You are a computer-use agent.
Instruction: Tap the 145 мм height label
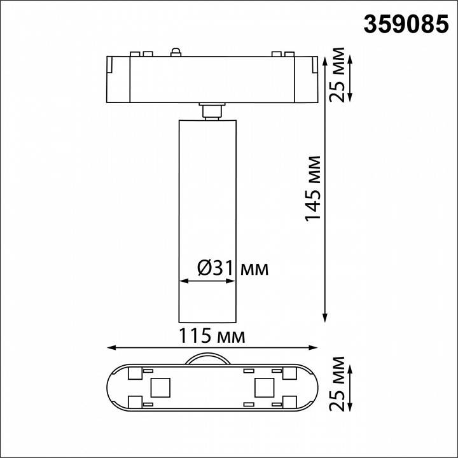(313, 188)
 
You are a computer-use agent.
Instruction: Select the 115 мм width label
(213, 335)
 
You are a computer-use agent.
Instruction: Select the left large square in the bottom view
(158, 387)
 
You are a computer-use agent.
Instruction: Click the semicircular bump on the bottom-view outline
(209, 358)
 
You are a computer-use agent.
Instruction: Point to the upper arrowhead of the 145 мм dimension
(326, 52)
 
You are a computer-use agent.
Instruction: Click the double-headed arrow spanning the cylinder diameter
(209, 281)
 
